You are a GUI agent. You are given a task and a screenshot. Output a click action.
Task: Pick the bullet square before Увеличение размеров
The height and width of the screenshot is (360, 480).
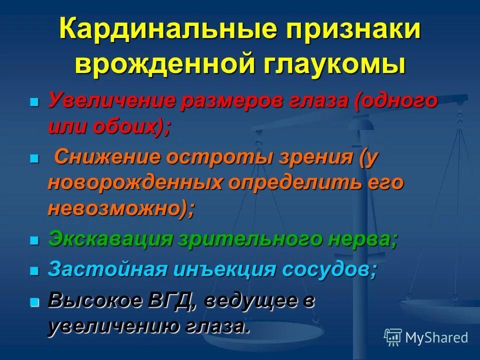pos(34,101)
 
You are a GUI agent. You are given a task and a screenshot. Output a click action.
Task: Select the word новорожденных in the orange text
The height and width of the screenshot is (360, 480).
pos(135,183)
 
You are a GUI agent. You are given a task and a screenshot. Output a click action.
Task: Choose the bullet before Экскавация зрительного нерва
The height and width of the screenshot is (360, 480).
pos(34,240)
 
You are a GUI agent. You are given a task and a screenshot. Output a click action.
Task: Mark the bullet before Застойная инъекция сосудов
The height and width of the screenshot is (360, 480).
pos(34,271)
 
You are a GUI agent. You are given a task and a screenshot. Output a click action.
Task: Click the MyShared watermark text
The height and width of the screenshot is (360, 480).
pos(436,337)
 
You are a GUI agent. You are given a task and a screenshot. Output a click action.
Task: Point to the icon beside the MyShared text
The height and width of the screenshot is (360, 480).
pos(393,337)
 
